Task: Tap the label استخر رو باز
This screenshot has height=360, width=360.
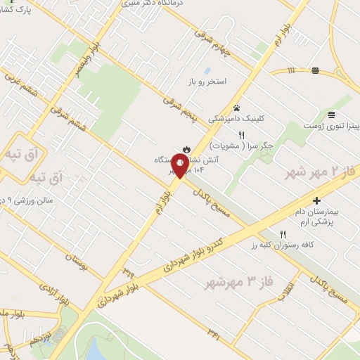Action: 207,82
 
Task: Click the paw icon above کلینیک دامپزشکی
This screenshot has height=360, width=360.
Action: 236,108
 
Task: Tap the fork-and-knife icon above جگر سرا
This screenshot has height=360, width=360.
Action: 241,135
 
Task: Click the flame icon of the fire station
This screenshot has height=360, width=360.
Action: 186,148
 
